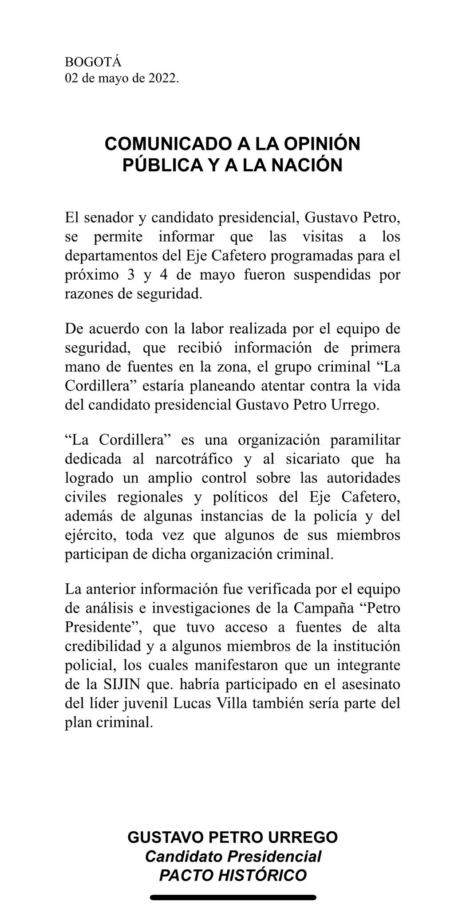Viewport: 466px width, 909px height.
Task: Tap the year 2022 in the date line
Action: point(162,79)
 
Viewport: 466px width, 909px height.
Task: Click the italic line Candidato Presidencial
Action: point(233,856)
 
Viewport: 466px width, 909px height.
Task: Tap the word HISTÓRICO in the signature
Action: point(259,875)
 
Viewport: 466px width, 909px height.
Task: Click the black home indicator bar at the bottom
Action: point(233,897)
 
